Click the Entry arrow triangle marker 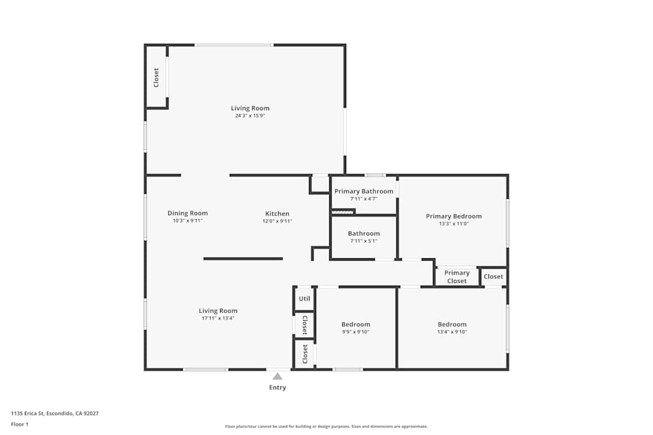click(x=278, y=376)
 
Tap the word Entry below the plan click(x=278, y=387)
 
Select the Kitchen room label click(x=277, y=214)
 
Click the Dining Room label click(x=187, y=213)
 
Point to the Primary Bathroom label click(x=364, y=191)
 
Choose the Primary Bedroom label click(x=454, y=217)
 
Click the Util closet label click(x=304, y=299)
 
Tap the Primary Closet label click(x=457, y=277)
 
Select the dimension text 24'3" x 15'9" click(x=250, y=115)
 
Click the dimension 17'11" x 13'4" click(x=218, y=318)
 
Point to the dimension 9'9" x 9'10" click(x=356, y=332)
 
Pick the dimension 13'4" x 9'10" click(x=453, y=332)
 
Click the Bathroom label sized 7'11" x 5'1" click(x=364, y=233)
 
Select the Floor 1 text click(x=20, y=424)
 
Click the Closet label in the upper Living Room click(x=156, y=78)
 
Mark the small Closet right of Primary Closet click(x=494, y=277)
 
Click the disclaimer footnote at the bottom click(x=326, y=427)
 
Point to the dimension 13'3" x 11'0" click(x=454, y=224)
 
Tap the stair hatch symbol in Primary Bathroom click(x=342, y=211)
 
